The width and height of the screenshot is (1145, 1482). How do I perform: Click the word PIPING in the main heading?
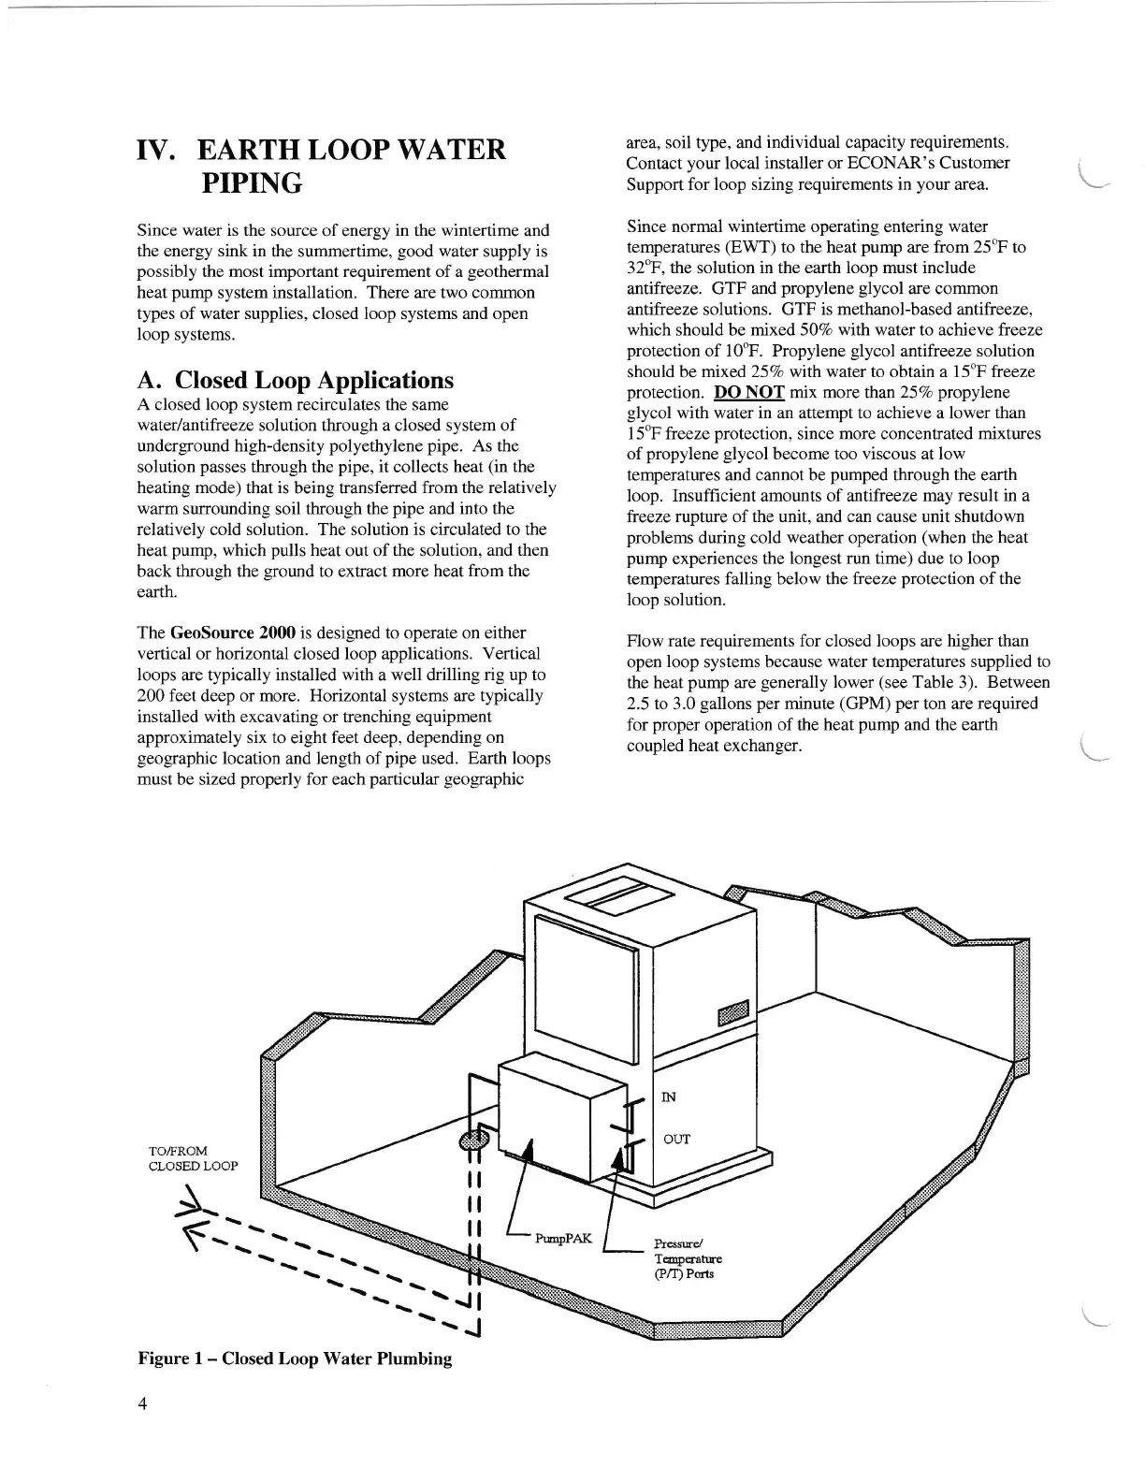pyautogui.click(x=252, y=182)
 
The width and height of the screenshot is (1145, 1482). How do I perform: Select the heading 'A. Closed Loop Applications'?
pyautogui.click(x=296, y=380)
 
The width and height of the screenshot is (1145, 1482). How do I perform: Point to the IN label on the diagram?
pyautogui.click(x=669, y=1097)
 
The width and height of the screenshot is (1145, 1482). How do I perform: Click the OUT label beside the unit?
pyautogui.click(x=676, y=1139)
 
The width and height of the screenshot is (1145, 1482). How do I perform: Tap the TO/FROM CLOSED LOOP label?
pyautogui.click(x=193, y=1158)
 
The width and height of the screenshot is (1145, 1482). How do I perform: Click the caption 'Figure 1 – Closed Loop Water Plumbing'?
pyautogui.click(x=295, y=1358)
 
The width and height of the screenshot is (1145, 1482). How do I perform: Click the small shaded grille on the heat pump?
pyautogui.click(x=733, y=1014)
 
